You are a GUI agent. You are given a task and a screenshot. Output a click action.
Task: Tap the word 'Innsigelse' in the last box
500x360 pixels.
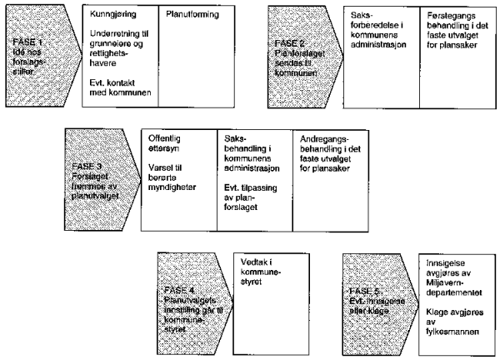click(444, 262)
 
